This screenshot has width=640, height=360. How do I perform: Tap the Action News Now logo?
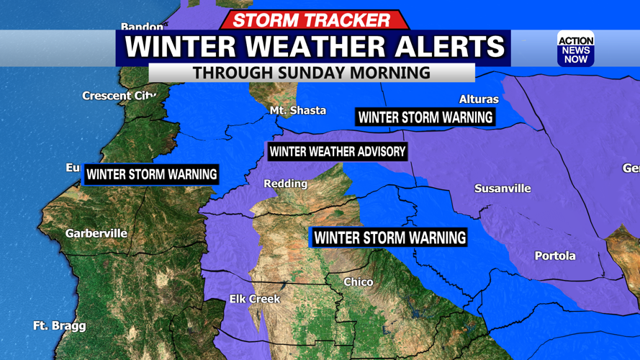pos(575,50)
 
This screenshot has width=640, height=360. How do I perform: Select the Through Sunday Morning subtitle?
pos(311,73)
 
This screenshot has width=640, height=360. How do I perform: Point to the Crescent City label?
pos(117,96)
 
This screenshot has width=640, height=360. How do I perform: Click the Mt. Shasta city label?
pos(297,110)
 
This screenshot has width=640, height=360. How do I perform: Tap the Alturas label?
pos(479,99)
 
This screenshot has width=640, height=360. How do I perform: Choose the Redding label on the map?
pos(285,184)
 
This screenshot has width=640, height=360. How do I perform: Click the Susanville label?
pos(502,189)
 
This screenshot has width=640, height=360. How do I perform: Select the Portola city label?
pos(554,256)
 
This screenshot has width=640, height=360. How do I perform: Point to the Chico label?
pos(358,282)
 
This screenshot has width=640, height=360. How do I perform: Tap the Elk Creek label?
pos(255,299)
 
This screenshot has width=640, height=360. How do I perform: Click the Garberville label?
pos(96,233)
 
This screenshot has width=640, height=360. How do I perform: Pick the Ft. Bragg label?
pos(59,326)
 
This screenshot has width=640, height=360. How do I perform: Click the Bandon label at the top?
pos(142,27)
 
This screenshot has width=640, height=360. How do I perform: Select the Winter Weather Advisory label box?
pos(337,152)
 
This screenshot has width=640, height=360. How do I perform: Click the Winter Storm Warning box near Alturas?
pos(425,117)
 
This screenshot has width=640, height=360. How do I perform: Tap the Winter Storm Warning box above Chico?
pos(389,238)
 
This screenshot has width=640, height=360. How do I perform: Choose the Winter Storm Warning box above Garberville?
pos(151,174)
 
